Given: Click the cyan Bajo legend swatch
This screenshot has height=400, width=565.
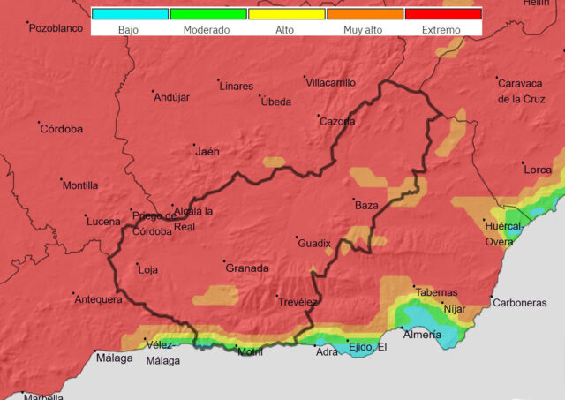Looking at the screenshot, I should click(x=130, y=14).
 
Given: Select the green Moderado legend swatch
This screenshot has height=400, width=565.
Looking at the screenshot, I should click(x=208, y=14).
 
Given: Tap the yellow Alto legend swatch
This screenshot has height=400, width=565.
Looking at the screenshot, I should click(x=286, y=14).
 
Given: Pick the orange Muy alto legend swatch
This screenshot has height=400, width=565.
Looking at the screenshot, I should click(x=365, y=14).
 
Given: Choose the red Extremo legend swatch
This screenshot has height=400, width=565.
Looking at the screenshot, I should click(x=442, y=14).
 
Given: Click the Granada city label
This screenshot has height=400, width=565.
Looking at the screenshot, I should click(x=247, y=268).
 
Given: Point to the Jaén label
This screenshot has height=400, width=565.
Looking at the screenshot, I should click(x=207, y=151).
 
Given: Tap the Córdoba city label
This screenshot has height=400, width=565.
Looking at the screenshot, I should click(x=62, y=129).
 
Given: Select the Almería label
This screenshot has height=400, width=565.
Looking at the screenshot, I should click(x=422, y=335).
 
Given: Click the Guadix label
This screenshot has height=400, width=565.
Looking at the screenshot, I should click(x=314, y=243).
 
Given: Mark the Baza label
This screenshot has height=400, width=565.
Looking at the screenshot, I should click(x=366, y=206).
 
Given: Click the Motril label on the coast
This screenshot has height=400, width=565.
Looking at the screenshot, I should click(x=251, y=352).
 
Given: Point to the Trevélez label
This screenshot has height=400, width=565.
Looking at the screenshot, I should click(x=298, y=302).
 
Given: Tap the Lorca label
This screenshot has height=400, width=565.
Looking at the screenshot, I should click(x=538, y=170).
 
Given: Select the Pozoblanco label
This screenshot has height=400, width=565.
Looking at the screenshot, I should click(x=56, y=28).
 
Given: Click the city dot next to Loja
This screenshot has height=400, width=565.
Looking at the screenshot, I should click(x=138, y=264).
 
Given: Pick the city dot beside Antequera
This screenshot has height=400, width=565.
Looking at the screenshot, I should click(x=75, y=294).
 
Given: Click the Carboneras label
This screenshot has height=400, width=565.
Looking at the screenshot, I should click(x=520, y=303).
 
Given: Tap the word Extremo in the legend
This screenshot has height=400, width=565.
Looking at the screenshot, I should click(x=442, y=30).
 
